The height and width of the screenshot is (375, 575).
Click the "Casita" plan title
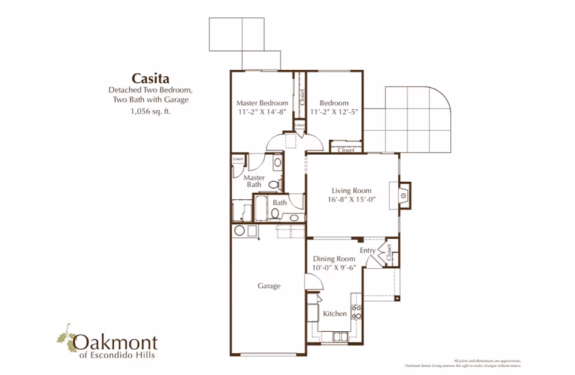click(150, 78)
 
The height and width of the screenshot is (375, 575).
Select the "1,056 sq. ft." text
click(150, 111)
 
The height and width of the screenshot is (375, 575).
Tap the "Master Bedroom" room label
click(262, 103)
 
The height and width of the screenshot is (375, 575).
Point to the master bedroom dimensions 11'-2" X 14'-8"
click(262, 112)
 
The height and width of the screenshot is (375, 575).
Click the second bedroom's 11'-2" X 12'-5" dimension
click(334, 112)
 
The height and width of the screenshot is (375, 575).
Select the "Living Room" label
click(352, 191)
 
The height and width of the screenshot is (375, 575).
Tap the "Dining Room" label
click(334, 259)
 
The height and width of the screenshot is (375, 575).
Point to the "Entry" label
click(368, 250)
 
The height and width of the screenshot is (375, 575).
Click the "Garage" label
click(269, 286)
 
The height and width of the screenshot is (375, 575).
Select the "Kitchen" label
click(335, 313)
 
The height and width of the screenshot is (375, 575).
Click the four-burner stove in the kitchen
click(356, 312)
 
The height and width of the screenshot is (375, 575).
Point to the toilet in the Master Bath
click(273, 185)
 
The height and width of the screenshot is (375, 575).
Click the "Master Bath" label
click(255, 181)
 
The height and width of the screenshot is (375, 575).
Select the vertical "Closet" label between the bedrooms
click(302, 98)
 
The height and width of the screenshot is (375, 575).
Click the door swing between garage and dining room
click(311, 283)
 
